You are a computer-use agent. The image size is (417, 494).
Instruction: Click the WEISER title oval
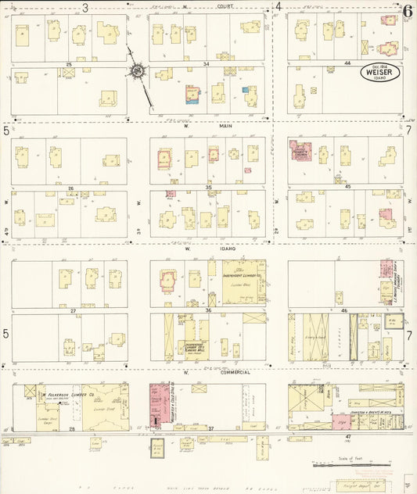pyautogui.click(x=381, y=72)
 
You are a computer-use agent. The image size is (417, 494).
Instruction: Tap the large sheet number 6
pyautogui.click(x=408, y=9)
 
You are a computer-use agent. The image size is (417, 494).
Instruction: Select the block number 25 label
pyautogui.click(x=69, y=63)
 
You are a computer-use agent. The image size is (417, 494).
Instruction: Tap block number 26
pyautogui.click(x=69, y=188)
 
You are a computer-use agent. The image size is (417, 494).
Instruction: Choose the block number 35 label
pyautogui.click(x=207, y=188)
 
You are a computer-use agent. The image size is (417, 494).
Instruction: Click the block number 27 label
pyautogui.click(x=69, y=311)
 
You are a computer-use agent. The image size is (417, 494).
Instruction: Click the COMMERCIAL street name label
pyautogui.click(x=234, y=372)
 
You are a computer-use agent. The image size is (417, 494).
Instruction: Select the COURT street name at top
pyautogui.click(x=227, y=5)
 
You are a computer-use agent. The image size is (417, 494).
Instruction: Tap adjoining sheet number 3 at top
pyautogui.click(x=84, y=7)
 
